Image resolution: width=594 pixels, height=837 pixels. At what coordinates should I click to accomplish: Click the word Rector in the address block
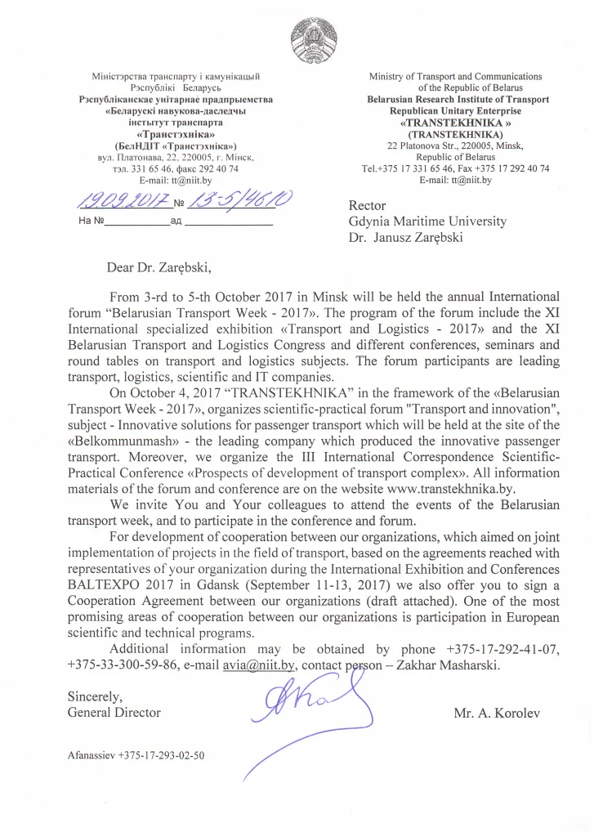368,206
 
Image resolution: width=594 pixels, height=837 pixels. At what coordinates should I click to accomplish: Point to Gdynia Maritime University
427,222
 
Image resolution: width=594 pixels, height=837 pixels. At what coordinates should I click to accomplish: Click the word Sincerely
96,697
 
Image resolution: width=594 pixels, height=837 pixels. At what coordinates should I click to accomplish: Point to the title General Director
114,713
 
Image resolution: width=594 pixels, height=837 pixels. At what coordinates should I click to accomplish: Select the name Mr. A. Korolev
497,713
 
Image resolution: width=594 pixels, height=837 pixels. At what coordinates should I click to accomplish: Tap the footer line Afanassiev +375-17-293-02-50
136,755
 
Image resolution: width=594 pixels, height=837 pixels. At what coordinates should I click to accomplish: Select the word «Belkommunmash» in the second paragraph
114,442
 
